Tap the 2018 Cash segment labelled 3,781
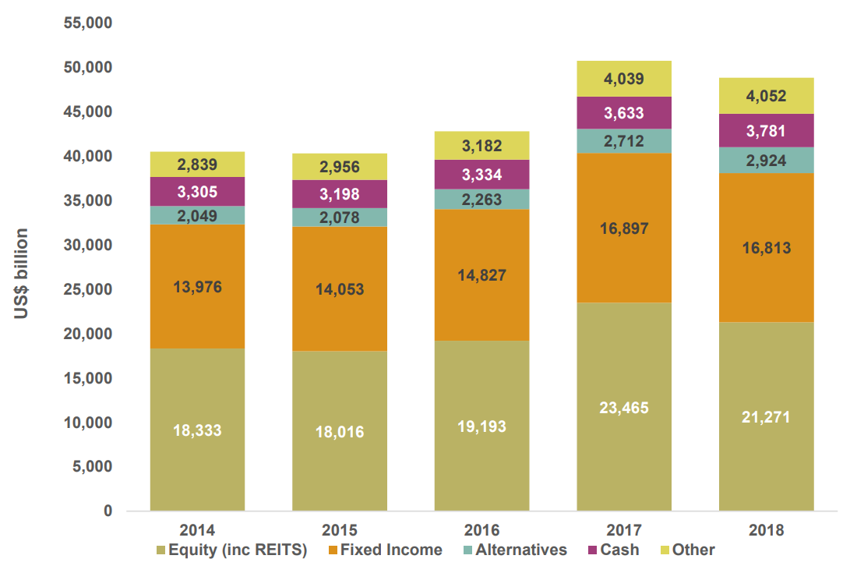[767, 130]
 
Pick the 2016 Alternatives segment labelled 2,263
[481, 199]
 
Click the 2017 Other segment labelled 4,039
[624, 79]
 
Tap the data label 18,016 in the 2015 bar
[340, 431]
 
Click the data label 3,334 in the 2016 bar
[481, 174]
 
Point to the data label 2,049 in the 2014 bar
[197, 216]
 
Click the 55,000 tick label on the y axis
[88, 23]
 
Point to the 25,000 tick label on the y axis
[88, 290]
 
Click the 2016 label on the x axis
[481, 531]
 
